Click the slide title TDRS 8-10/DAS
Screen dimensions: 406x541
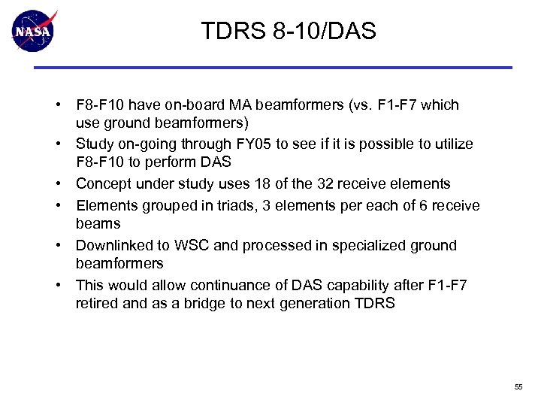[x=289, y=32]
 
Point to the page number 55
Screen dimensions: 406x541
[x=518, y=386]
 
